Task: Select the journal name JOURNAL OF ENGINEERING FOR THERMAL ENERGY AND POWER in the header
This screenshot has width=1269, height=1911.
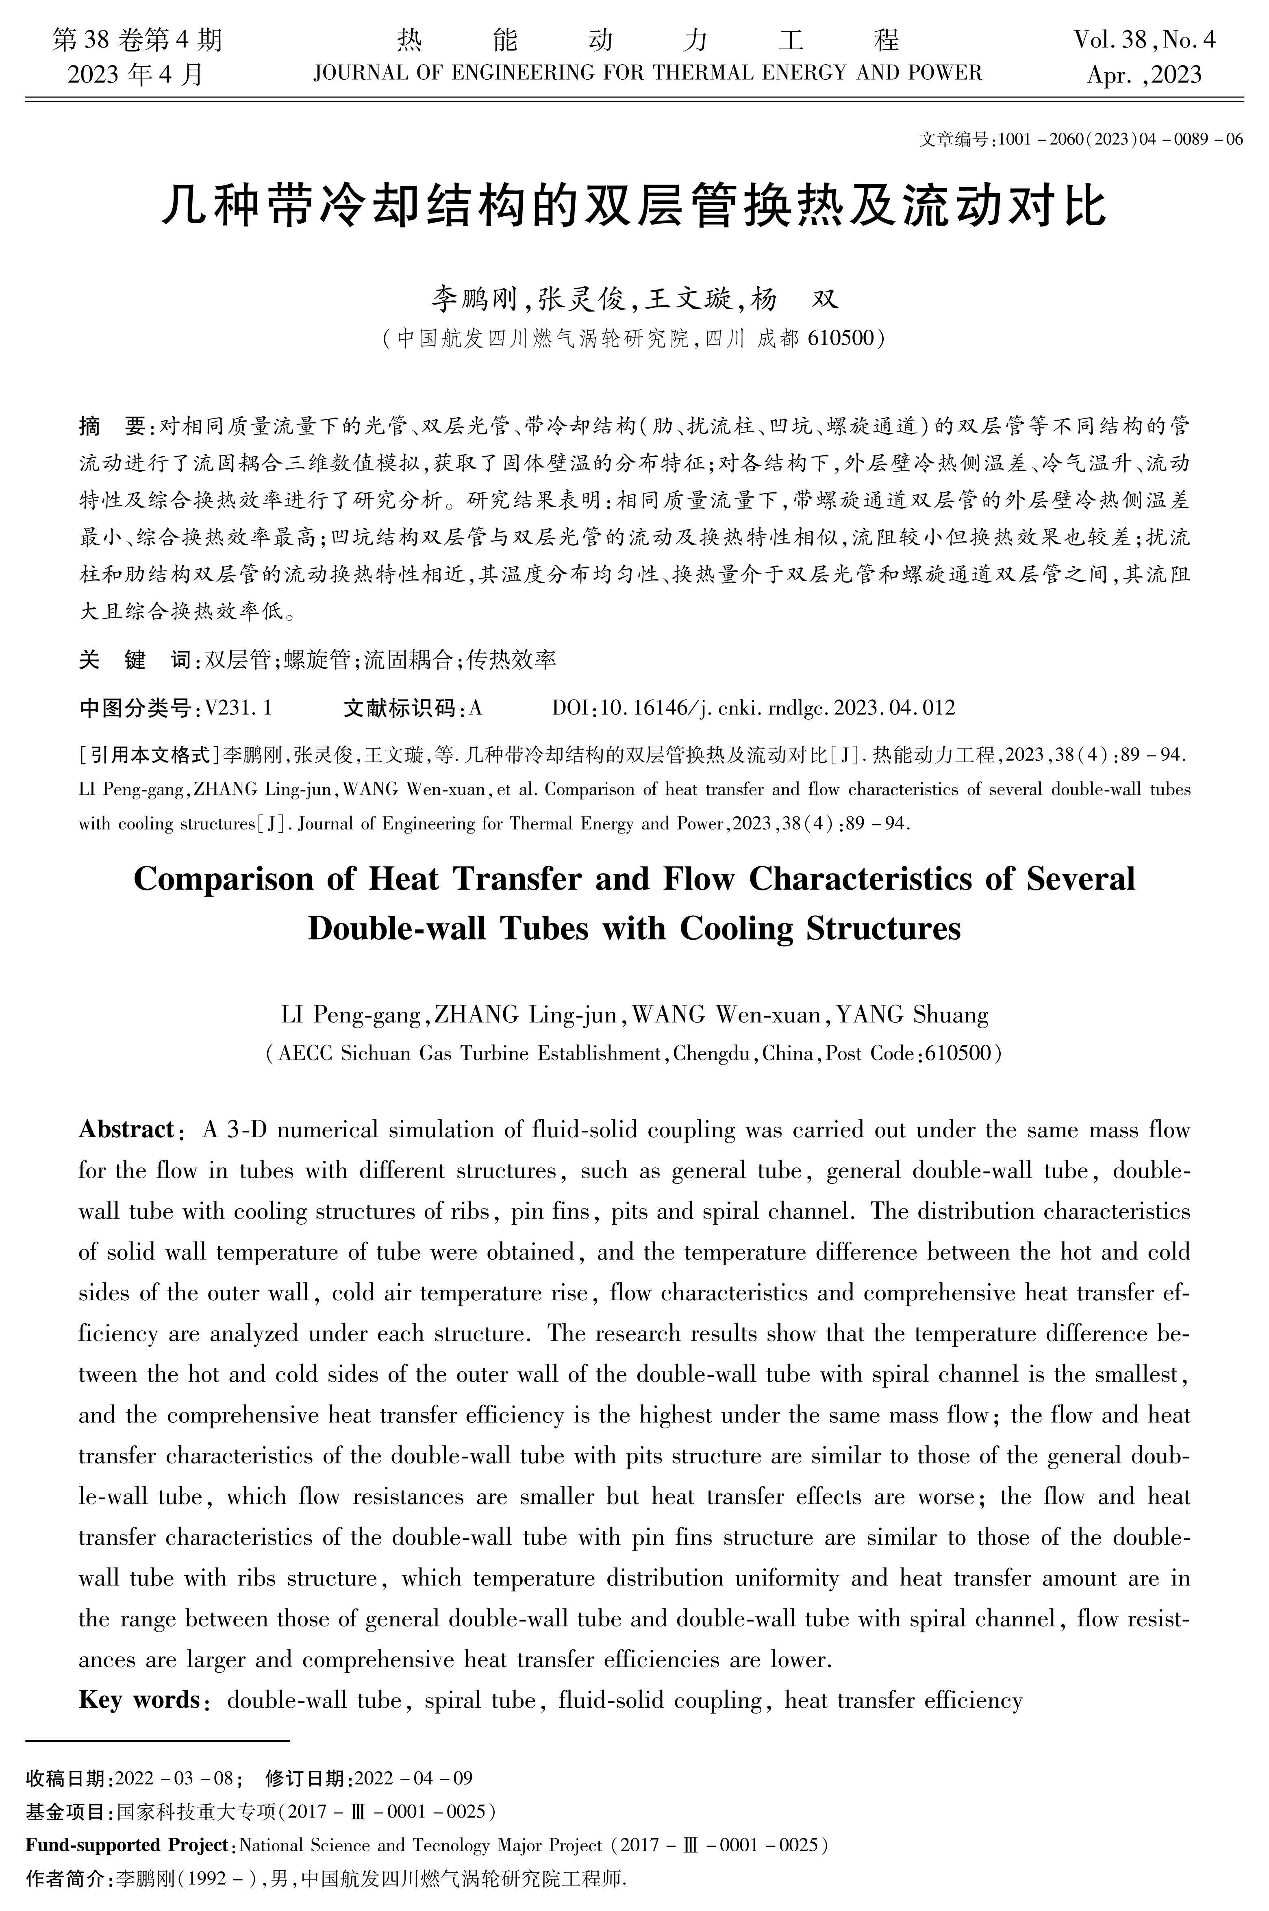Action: point(647,74)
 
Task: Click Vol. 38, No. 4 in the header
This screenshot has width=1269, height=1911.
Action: point(1144,40)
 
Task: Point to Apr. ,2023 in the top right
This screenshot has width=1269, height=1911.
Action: point(1144,75)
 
